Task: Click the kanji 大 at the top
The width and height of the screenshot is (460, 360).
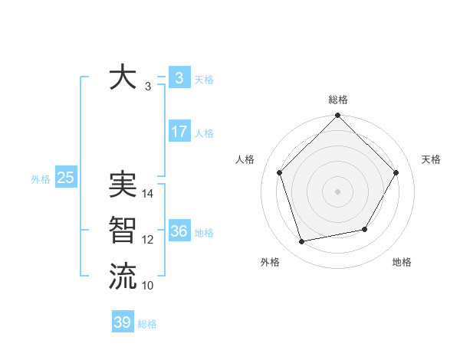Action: click(x=123, y=78)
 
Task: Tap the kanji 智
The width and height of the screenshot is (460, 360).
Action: click(x=123, y=231)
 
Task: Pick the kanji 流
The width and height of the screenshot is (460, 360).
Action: click(x=123, y=276)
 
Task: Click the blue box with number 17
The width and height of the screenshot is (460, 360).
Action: click(x=179, y=132)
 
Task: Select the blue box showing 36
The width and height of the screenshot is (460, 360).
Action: click(x=179, y=231)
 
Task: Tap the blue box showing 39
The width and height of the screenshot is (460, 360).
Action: click(x=123, y=322)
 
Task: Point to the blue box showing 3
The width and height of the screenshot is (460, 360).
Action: click(x=179, y=78)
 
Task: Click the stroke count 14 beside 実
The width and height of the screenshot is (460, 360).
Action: click(x=148, y=194)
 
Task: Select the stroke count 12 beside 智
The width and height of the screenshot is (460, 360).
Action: click(x=148, y=240)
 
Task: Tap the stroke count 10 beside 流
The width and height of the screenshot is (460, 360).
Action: click(x=148, y=286)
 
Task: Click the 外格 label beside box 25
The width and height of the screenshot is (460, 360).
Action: click(x=41, y=179)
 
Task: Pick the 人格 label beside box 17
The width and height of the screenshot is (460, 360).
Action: click(x=204, y=133)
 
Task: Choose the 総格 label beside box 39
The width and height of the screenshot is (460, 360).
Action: click(x=147, y=324)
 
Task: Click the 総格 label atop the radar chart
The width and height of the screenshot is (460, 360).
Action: click(x=337, y=100)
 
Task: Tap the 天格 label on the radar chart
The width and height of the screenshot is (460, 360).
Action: click(x=431, y=159)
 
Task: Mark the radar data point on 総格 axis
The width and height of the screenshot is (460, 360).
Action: click(x=337, y=116)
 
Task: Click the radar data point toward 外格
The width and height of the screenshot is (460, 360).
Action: click(x=302, y=242)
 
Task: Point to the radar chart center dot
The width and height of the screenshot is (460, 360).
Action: click(x=337, y=191)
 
